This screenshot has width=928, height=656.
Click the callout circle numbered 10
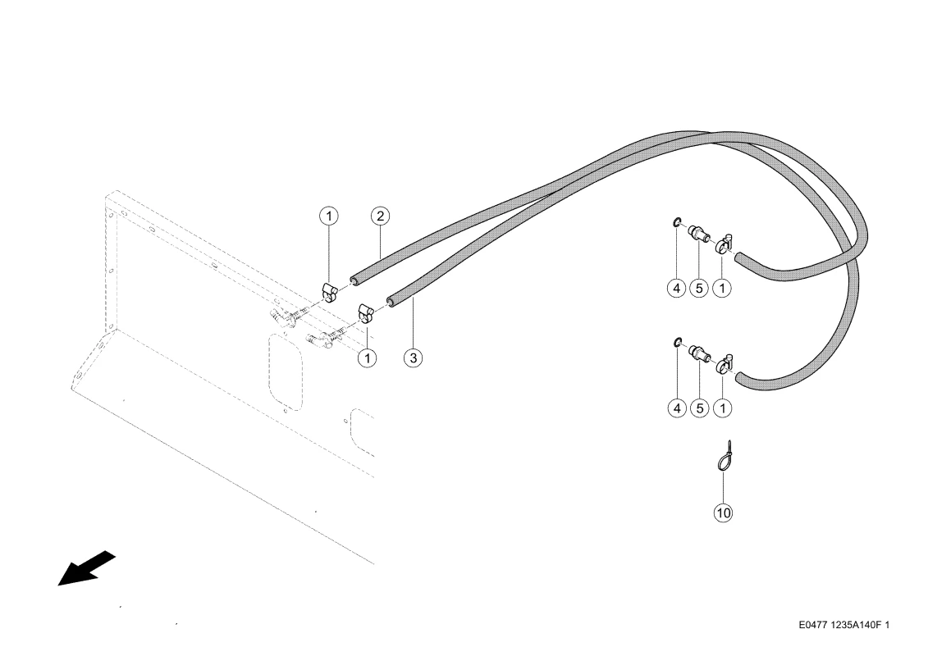pyautogui.click(x=723, y=512)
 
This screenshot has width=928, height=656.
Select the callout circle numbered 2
pyautogui.click(x=380, y=216)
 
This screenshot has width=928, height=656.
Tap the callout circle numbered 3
pyautogui.click(x=413, y=358)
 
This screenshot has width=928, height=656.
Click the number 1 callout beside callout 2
pyautogui.click(x=329, y=216)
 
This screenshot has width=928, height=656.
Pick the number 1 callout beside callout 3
pyautogui.click(x=368, y=358)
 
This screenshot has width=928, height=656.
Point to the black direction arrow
pyautogui.click(x=86, y=568)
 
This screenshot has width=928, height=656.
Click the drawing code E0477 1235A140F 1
pyautogui.click(x=843, y=625)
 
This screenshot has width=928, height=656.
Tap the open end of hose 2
pyautogui.click(x=354, y=280)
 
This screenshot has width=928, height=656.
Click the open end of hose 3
pyautogui.click(x=391, y=302)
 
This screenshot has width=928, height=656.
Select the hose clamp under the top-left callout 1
pyautogui.click(x=329, y=292)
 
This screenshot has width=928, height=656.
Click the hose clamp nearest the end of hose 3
pyautogui.click(x=365, y=313)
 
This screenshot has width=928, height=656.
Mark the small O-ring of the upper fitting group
pyautogui.click(x=677, y=222)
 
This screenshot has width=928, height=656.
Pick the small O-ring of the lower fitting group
pyautogui.click(x=677, y=342)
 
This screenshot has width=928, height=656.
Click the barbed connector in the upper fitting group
pyautogui.click(x=699, y=232)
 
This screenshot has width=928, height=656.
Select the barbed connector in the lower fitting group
pyautogui.click(x=699, y=353)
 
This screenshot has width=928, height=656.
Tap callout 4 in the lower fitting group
pyautogui.click(x=676, y=408)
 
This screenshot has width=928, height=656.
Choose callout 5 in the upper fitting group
pyautogui.click(x=699, y=289)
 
